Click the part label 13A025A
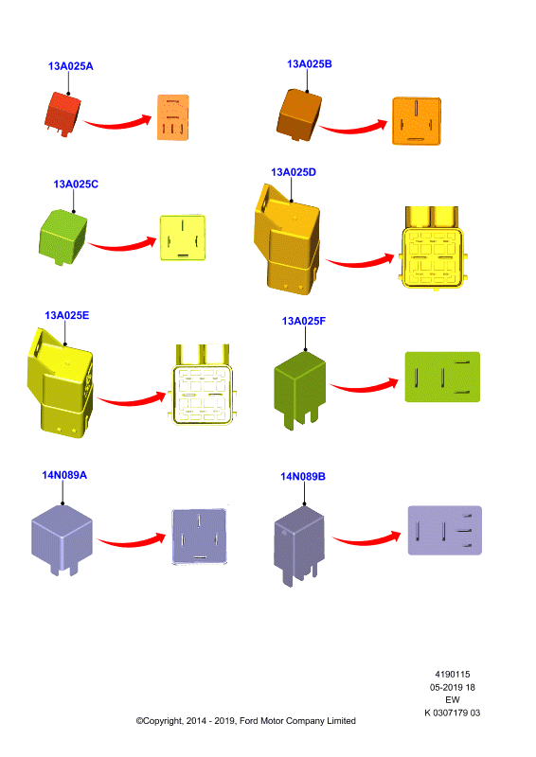pos(71,66)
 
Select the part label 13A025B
pos(310,64)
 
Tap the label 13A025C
pos(76,184)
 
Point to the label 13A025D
pos(294,172)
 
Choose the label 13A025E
pos(66,315)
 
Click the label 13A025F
pos(304,321)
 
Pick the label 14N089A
pos(64,475)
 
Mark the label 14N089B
pos(303,477)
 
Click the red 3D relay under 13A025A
pos(63,114)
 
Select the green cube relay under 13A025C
pos(63,237)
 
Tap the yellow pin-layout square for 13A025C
pos(183,238)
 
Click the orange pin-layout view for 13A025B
pos(416,121)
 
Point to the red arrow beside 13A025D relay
pos(360,261)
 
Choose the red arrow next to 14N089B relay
pos(366,539)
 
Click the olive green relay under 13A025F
pos(299,390)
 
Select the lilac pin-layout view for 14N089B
pos(445,530)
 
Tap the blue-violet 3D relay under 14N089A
pos(62,539)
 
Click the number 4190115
pos(453,675)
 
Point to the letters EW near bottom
pos(453,699)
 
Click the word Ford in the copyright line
pos(249,721)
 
